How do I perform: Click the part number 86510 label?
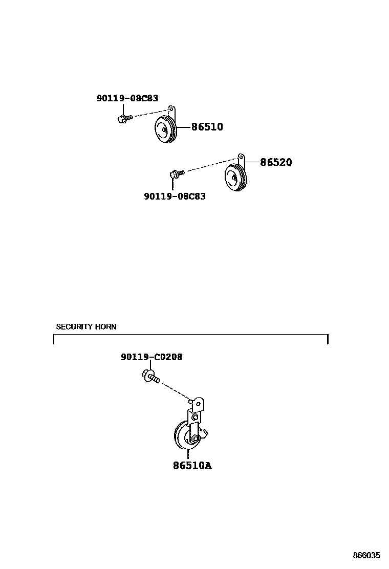[x=207, y=127]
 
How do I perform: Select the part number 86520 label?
[x=276, y=162]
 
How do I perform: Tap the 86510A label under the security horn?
[x=192, y=466]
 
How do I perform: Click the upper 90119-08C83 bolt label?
[x=127, y=98]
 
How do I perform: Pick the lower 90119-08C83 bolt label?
[x=175, y=196]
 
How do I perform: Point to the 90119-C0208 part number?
[x=152, y=357]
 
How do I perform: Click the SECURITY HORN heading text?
[x=86, y=326]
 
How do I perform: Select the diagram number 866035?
[x=366, y=555]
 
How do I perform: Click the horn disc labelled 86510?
[x=165, y=132]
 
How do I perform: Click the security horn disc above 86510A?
[x=183, y=436]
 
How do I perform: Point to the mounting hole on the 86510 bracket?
[x=171, y=109]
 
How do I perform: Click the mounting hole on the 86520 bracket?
[x=241, y=155]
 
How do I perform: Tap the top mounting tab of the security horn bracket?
[x=198, y=404]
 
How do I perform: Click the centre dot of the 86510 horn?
[x=164, y=132]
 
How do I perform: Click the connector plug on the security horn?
[x=205, y=434]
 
